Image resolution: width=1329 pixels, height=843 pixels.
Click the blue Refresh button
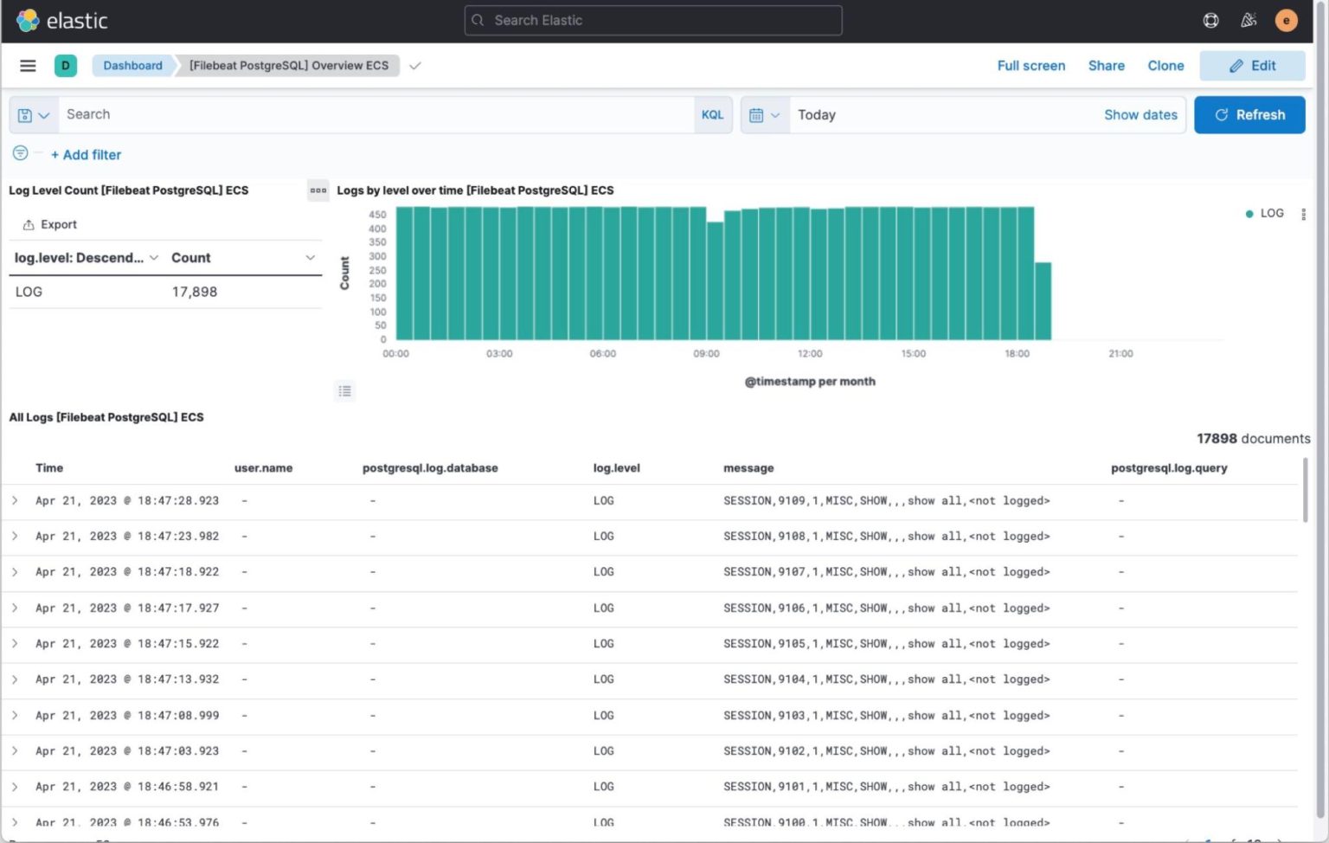pos(1249,115)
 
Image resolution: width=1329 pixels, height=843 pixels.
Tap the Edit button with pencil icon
pos(1252,66)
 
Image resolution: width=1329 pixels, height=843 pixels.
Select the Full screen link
pos(1030,66)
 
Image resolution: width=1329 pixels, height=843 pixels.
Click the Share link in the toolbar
pos(1106,66)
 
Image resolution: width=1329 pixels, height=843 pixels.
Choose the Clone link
pos(1165,66)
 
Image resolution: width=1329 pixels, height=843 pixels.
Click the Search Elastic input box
pos(653,21)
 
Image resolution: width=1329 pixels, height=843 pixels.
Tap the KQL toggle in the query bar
pos(712,115)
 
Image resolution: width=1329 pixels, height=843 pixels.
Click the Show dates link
pos(1140,115)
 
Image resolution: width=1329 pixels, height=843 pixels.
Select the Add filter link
pos(87,155)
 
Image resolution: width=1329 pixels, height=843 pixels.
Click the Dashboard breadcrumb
pos(132,66)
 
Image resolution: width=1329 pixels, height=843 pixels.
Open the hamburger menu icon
pos(28,66)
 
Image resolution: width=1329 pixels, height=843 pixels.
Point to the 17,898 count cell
pos(195,293)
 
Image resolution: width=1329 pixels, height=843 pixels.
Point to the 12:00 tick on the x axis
pos(810,354)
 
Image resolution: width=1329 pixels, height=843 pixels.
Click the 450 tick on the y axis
pos(377,215)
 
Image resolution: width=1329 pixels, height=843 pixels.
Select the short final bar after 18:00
pos(1043,301)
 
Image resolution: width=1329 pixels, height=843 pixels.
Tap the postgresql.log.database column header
pos(430,468)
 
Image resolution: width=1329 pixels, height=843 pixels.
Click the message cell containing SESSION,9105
pos(886,644)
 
